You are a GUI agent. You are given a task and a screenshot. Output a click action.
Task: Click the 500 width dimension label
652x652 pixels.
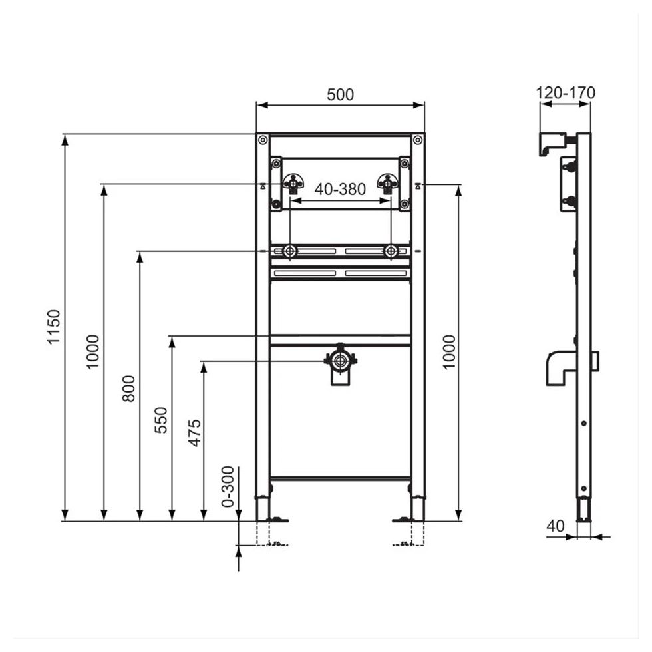[340, 94]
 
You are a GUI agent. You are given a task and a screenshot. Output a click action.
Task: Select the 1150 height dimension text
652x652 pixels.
[54, 327]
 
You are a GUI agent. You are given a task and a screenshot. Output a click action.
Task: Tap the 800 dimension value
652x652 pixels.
[128, 389]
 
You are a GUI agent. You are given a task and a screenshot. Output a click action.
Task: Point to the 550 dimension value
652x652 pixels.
[160, 420]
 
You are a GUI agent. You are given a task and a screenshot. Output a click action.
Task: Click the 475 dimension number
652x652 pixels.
[194, 433]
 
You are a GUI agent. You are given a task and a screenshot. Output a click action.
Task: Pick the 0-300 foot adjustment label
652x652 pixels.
[228, 486]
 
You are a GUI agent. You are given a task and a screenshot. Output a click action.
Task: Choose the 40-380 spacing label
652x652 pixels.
[340, 189]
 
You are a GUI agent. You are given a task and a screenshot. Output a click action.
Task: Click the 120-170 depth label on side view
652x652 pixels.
[566, 92]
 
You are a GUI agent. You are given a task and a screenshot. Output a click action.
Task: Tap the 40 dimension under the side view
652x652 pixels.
[556, 526]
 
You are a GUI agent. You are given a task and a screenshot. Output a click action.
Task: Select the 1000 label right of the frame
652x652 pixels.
[449, 352]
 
